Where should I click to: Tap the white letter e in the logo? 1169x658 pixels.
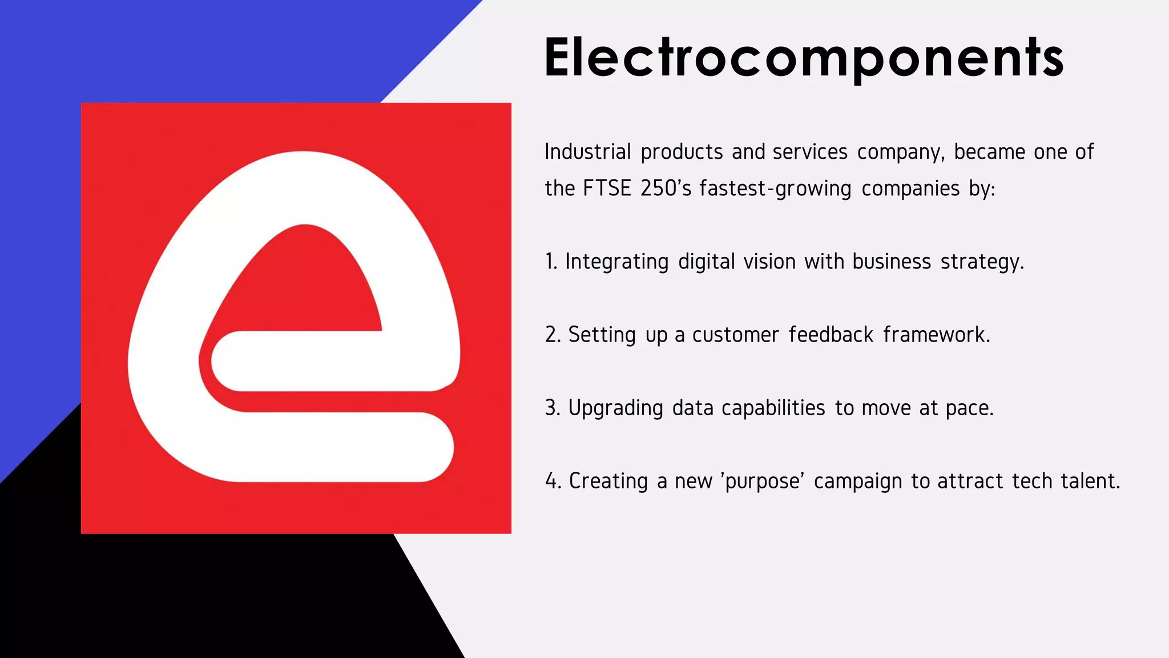pos(171,366)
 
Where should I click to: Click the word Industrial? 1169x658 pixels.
pos(588,152)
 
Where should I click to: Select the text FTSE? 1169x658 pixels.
pos(607,188)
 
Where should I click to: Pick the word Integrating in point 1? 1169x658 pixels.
pos(616,262)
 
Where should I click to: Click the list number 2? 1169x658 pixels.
pos(553,335)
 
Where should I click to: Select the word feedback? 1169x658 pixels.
pos(831,335)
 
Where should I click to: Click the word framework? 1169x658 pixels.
pos(936,335)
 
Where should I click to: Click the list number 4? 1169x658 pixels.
pos(553,481)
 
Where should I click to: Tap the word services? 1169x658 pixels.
pos(810,152)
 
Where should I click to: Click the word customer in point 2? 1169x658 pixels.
pos(735,335)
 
